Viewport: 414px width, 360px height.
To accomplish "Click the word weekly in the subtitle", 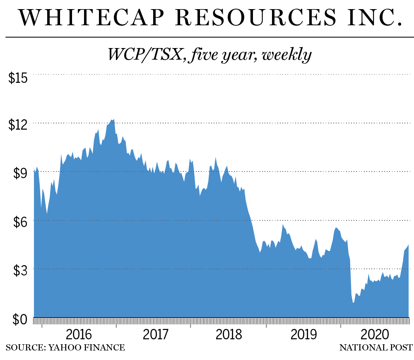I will click(286, 54).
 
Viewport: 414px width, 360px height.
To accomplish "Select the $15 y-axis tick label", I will click(18, 77).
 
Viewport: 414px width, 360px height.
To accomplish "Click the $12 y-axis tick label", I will click(18, 126).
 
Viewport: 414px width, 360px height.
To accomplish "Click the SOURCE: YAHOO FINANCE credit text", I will click(65, 347).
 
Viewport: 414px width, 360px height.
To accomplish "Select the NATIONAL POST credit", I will click(375, 347).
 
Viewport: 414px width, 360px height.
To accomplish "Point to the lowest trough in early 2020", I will click(353, 302).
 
